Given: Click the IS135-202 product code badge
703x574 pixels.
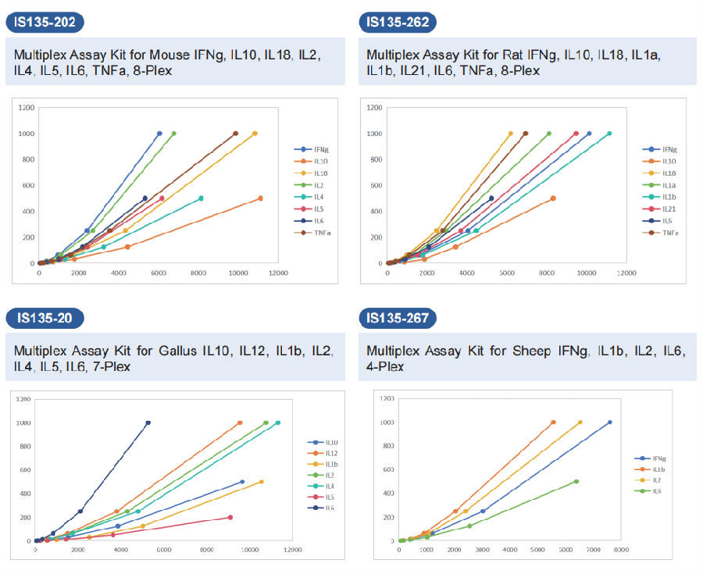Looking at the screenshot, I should click(45, 22).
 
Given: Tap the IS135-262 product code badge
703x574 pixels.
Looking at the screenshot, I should click(398, 22).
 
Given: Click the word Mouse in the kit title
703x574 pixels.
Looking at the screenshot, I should click(190, 55).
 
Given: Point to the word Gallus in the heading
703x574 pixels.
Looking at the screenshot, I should click(190, 350).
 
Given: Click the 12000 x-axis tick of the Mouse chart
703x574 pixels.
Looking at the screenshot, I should click(278, 273).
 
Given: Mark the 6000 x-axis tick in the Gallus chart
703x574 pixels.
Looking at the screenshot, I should click(163, 550).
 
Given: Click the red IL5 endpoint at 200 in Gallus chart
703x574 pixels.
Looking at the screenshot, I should click(230, 517).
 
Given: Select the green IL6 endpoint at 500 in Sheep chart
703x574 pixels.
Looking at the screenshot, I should click(576, 481).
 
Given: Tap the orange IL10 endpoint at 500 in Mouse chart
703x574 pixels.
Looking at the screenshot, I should click(260, 198).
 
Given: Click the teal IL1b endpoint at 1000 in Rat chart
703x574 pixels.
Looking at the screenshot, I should click(609, 134).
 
